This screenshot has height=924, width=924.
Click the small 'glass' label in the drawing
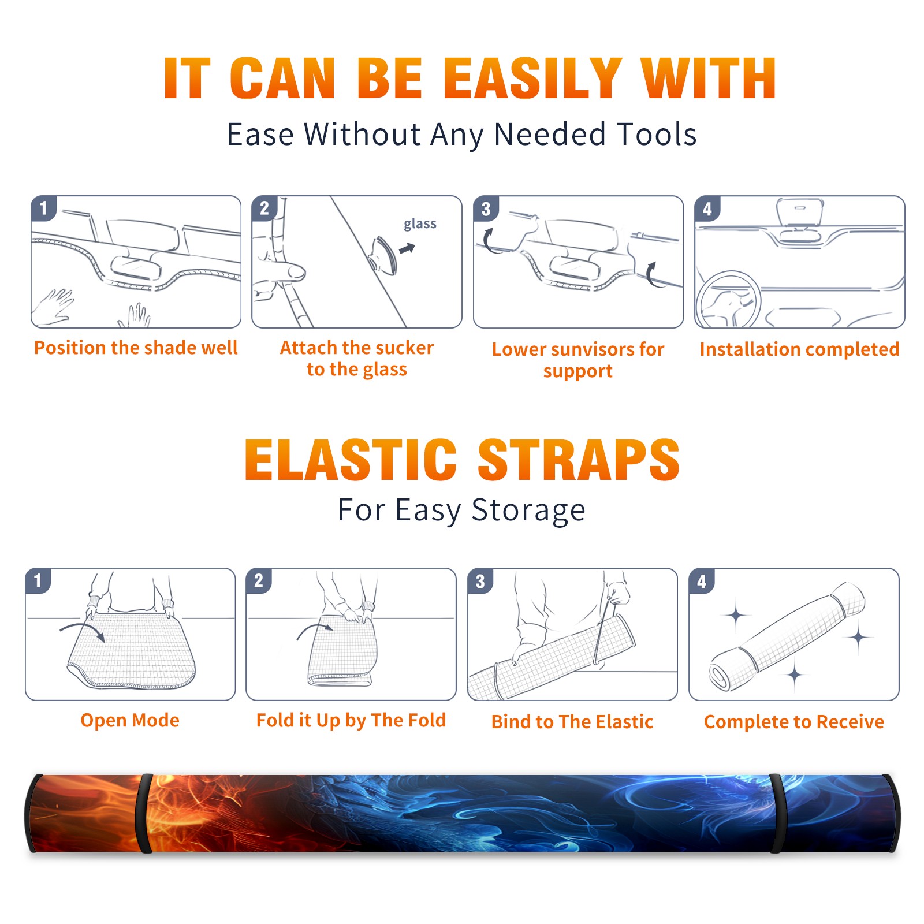[420, 224]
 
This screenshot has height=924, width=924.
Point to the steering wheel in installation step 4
[728, 300]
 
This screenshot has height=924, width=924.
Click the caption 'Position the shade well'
[136, 348]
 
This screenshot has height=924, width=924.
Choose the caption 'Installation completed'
[799, 349]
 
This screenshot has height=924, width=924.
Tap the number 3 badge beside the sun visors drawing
[486, 208]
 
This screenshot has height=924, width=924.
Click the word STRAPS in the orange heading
[579, 460]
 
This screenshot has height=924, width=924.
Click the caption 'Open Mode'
[130, 721]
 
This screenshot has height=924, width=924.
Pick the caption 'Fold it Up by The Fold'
[351, 721]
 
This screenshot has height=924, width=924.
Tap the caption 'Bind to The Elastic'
[572, 722]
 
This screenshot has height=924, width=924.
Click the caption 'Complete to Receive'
[794, 722]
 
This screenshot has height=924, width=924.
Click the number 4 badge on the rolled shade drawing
[702, 581]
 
